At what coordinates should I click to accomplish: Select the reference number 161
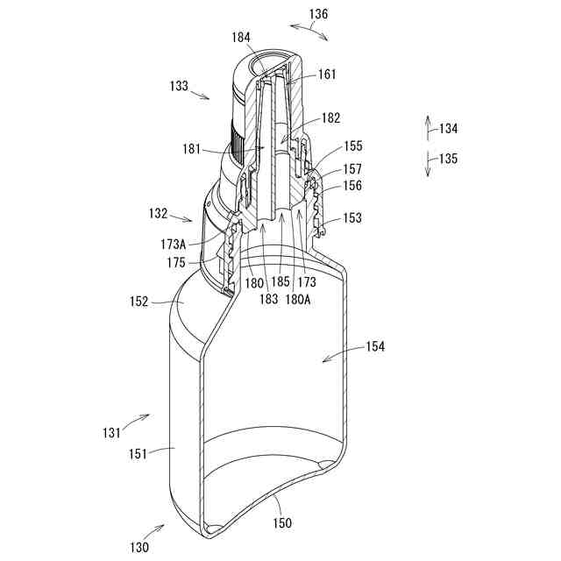point(326,75)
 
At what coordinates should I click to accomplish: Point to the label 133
point(179,86)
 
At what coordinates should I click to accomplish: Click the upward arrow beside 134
point(428,127)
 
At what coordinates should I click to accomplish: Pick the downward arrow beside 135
point(428,163)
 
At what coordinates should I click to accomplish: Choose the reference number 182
point(331,117)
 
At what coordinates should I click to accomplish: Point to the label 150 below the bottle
point(282,522)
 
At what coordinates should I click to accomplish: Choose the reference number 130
point(140,547)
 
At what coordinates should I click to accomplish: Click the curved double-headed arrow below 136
point(309,32)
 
